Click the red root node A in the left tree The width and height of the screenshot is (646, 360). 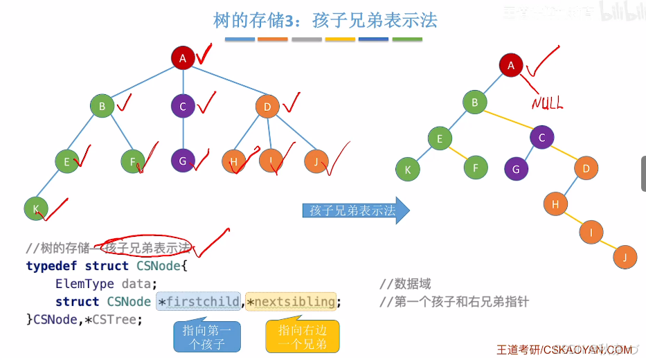183,58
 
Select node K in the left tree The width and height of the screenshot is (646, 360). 35,208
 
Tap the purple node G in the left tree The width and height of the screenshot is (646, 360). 183,161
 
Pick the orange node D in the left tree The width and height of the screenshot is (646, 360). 267,107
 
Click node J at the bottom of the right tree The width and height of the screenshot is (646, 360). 625,257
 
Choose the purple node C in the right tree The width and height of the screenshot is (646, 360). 541,137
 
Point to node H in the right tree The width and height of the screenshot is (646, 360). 555,204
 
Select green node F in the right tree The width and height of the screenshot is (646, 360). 475,168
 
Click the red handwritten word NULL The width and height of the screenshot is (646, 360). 547,103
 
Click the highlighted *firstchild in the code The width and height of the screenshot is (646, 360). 199,302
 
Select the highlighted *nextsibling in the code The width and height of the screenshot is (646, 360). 291,302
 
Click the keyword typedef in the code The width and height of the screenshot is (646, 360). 52,266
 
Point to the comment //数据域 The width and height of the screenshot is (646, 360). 405,284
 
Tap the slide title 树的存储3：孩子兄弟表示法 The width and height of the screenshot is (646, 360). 325,21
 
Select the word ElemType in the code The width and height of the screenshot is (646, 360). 85,284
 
